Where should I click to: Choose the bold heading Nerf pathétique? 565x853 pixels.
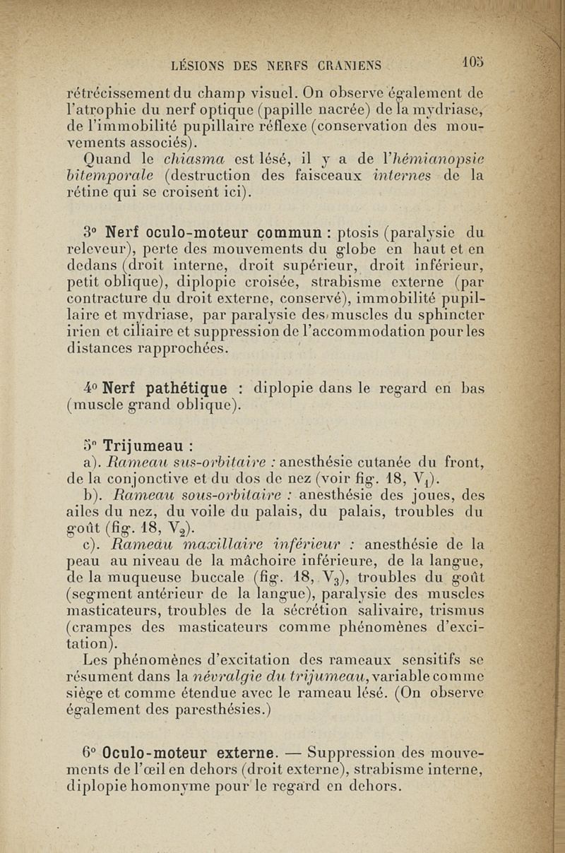coord(166,388)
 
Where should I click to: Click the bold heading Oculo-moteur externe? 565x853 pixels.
coord(183,750)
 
